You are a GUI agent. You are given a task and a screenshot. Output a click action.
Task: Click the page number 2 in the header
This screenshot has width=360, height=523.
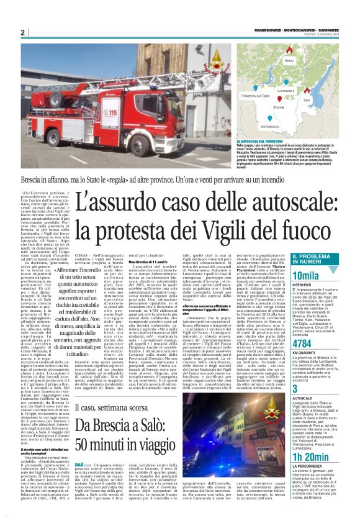22,32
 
